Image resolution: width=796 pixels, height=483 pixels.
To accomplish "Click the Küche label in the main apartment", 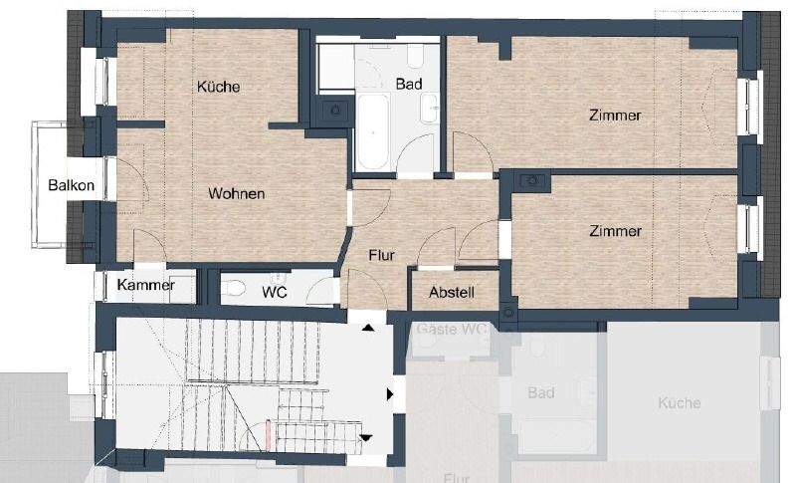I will tap(218, 87).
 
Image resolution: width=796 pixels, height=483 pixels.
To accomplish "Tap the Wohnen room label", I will tap(236, 193).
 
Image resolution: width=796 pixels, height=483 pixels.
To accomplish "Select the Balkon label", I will tap(72, 185).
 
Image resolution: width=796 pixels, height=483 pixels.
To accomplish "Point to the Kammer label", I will tap(145, 286).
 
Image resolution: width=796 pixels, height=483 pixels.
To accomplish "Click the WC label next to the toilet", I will tap(275, 292).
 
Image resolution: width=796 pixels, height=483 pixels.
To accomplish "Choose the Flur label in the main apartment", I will tap(381, 256).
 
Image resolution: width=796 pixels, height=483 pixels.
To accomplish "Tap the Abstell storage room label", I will tap(451, 293).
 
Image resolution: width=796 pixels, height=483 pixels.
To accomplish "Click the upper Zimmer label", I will tap(615, 116).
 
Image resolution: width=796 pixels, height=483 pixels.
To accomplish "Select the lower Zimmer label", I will tap(615, 231).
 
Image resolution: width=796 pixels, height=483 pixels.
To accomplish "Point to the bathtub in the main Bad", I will tap(375, 131).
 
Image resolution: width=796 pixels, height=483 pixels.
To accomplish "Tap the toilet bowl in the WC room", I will tap(235, 289).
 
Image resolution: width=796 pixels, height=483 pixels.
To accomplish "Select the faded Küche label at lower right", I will tap(679, 403).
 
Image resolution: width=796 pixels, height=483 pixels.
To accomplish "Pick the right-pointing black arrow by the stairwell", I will tap(390, 394).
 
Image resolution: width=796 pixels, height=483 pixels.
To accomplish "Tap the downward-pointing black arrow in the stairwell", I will tap(366, 437).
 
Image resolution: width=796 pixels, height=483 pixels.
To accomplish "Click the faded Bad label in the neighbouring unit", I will tap(540, 393).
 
